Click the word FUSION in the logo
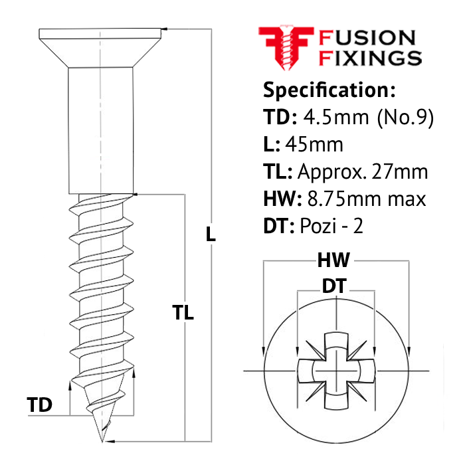click(x=367, y=38)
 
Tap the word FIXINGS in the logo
click(x=370, y=58)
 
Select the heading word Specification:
click(x=329, y=90)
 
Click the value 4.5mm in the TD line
click(x=336, y=117)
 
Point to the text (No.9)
click(x=405, y=118)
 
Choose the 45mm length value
click(x=314, y=145)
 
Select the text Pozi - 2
click(x=331, y=226)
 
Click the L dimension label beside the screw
click(x=211, y=234)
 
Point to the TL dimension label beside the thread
click(x=183, y=312)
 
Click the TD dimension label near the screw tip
click(x=39, y=405)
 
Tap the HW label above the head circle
click(x=333, y=260)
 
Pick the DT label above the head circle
click(x=334, y=286)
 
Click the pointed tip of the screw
click(x=102, y=442)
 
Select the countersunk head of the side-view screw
click(x=100, y=48)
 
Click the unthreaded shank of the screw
click(x=101, y=131)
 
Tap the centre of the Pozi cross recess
click(x=336, y=371)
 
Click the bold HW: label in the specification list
click(x=282, y=199)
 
